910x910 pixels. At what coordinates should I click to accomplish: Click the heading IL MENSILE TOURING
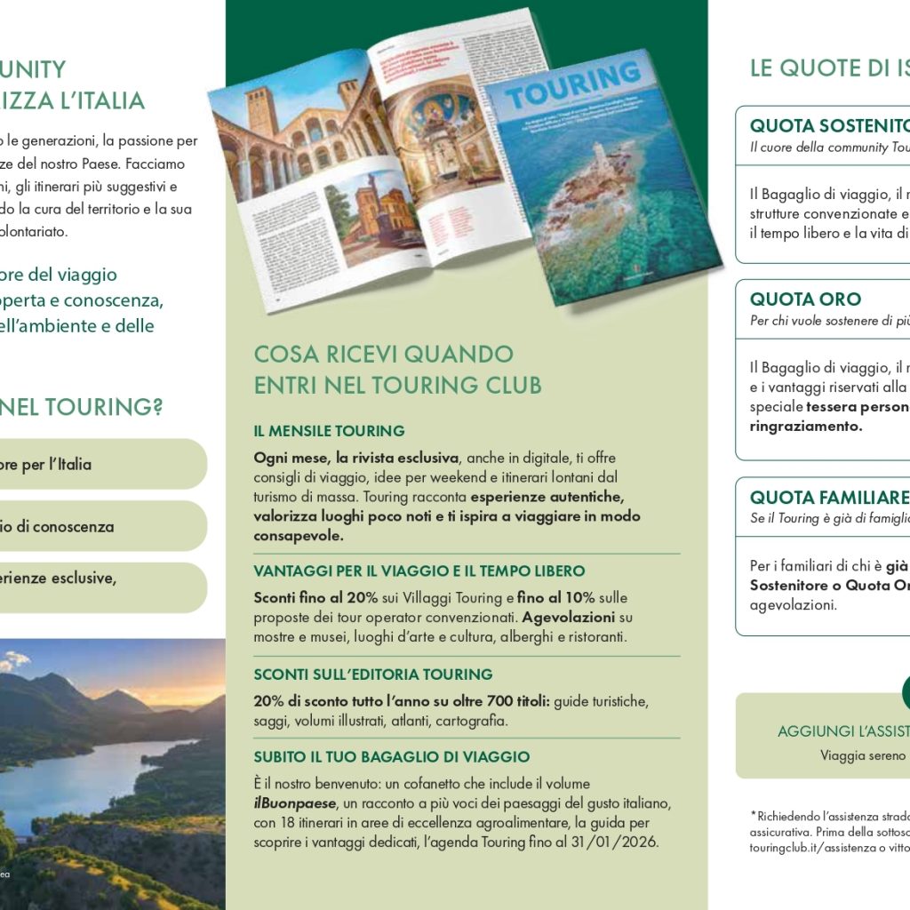coord(329,431)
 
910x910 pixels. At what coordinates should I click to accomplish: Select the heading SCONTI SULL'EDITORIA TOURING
coord(373,675)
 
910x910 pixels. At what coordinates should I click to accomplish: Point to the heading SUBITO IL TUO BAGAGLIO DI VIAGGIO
coord(391,757)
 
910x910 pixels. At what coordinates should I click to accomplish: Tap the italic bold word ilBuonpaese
coord(294,803)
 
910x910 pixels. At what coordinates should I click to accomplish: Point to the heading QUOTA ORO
coord(805,299)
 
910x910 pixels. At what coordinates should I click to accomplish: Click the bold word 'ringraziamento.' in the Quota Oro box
coord(806,426)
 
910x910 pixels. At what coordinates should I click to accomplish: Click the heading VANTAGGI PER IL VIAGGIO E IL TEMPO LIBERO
coord(419,571)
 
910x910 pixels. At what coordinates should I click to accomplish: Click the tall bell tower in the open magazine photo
coord(263,110)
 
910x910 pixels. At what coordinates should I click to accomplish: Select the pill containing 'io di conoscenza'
coord(98,526)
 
